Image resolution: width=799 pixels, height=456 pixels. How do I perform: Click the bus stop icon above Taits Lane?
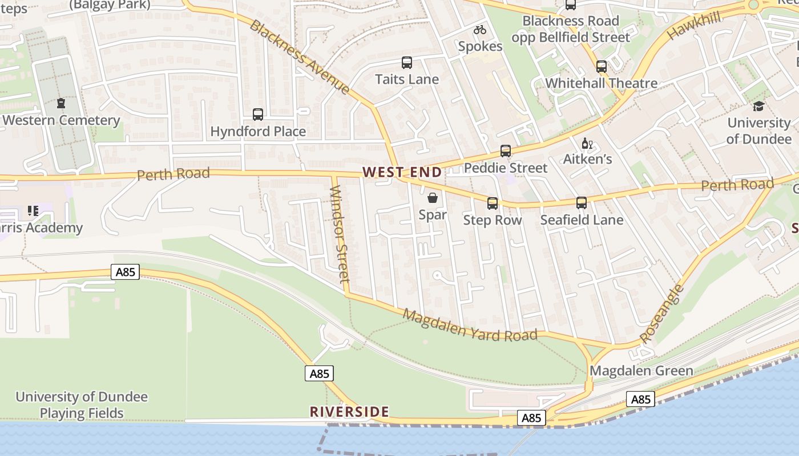pos(407,63)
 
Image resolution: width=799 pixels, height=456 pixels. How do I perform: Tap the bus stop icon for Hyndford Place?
pos(258,115)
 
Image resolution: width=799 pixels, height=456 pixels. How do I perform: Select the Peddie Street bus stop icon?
pos(506,151)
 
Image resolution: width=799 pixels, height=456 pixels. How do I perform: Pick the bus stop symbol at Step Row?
pos(493,203)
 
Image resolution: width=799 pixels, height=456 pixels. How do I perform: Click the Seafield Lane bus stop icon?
pos(582,203)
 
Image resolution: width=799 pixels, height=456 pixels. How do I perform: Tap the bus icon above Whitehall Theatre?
pos(602,67)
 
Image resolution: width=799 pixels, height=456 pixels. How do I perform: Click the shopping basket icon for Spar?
pos(433,198)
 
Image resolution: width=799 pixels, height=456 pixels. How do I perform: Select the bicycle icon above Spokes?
pos(480,30)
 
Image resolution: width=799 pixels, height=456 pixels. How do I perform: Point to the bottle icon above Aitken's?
pos(586,143)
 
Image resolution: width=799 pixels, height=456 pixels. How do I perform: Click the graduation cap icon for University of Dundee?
pos(758,107)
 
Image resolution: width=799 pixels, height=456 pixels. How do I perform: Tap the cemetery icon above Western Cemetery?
pos(61,104)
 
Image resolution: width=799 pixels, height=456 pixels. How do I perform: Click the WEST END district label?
pos(402,172)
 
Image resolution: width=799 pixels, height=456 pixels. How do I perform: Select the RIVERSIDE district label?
pos(349,412)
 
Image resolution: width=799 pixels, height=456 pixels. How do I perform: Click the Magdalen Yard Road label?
pos(470,325)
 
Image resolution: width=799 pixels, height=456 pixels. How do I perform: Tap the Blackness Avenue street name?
pos(300,57)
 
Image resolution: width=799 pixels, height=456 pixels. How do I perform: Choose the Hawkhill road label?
pos(693,25)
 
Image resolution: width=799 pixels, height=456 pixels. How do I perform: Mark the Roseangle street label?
pos(661,313)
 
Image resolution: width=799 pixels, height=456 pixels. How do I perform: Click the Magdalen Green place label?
pos(641,370)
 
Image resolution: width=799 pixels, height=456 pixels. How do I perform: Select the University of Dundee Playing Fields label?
pos(82,405)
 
